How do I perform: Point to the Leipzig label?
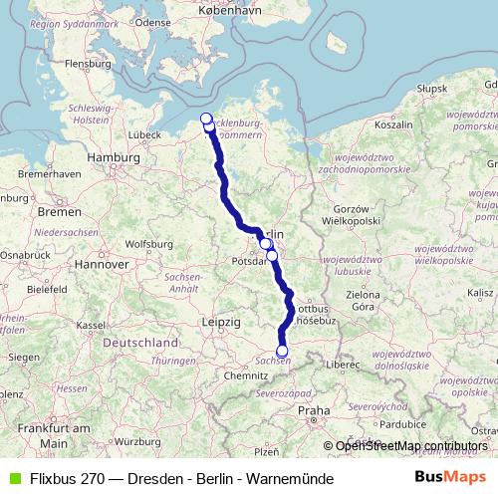pyautogui.click(x=220, y=323)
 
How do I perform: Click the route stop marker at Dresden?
pyautogui.click(x=282, y=351)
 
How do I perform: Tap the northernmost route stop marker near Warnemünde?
pyautogui.click(x=207, y=120)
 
